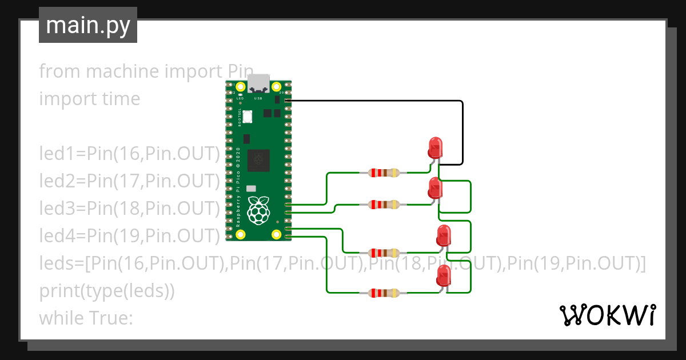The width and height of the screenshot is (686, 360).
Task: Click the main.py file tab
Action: click(x=87, y=26)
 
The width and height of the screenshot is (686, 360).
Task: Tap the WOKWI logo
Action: click(x=607, y=315)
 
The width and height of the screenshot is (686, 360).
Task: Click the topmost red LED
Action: click(x=436, y=147)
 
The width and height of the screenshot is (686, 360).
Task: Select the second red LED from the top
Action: click(x=436, y=188)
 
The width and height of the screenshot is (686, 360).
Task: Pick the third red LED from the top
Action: click(x=444, y=235)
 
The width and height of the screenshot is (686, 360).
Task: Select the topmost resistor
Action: click(x=383, y=173)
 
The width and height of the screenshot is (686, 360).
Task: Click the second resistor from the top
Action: click(x=383, y=205)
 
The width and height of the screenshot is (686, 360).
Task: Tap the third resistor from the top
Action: click(x=383, y=253)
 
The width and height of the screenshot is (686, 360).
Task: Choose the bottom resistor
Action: click(x=383, y=293)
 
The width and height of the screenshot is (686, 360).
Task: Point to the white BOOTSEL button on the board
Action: click(x=248, y=117)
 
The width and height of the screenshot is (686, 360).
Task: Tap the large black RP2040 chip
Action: click(x=259, y=160)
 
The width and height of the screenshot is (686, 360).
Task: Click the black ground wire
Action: click(x=462, y=131)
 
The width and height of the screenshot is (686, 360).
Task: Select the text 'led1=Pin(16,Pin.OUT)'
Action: click(x=129, y=154)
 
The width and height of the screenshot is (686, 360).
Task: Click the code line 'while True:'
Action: click(x=86, y=318)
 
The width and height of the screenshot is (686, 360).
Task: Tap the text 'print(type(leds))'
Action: click(x=107, y=291)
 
